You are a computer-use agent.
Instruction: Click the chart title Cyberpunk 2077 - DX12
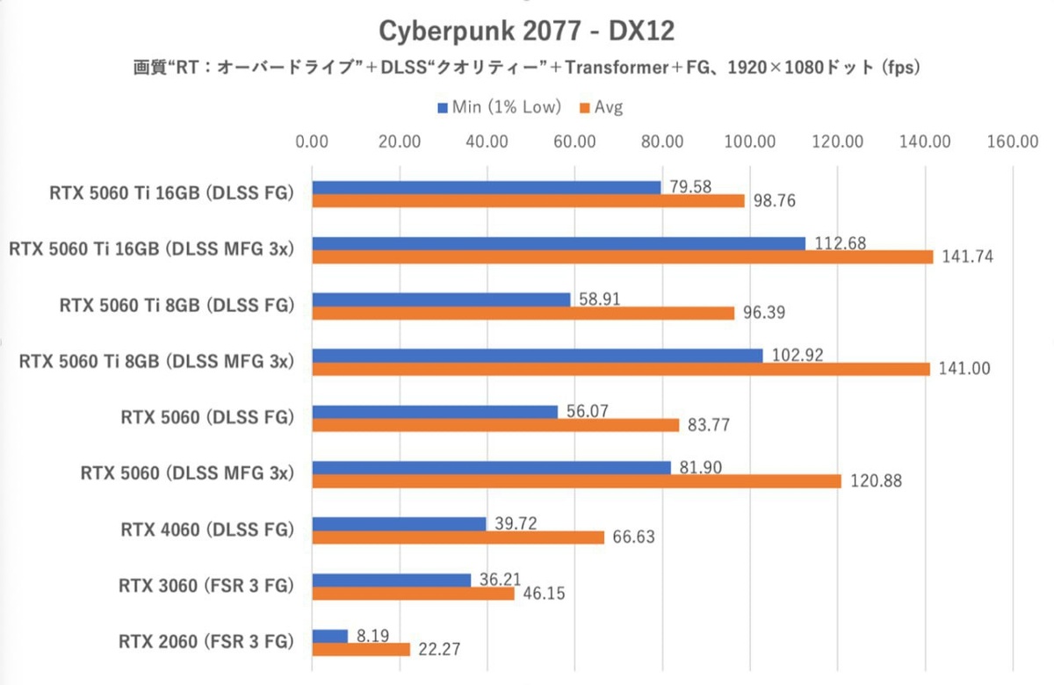click(x=526, y=31)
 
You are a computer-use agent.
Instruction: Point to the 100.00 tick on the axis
click(x=751, y=141)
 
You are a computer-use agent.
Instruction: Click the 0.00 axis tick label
click(x=313, y=141)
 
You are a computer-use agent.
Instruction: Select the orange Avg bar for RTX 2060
click(x=361, y=649)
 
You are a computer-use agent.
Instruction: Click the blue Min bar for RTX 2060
click(x=330, y=635)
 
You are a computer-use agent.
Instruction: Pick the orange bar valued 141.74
click(x=622, y=256)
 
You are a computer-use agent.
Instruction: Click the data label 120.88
click(x=875, y=481)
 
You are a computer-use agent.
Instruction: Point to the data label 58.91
click(x=602, y=299)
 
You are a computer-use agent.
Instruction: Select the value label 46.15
click(x=543, y=594)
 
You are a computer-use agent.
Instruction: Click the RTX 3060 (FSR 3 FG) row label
click(x=206, y=586)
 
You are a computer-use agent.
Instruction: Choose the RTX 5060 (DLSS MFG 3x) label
click(x=186, y=473)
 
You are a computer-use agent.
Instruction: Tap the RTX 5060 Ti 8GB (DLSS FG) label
click(x=176, y=306)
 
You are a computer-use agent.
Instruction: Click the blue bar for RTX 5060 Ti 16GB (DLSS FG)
click(x=487, y=187)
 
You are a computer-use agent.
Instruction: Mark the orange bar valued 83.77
click(x=495, y=425)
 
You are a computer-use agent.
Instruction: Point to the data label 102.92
click(x=795, y=356)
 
